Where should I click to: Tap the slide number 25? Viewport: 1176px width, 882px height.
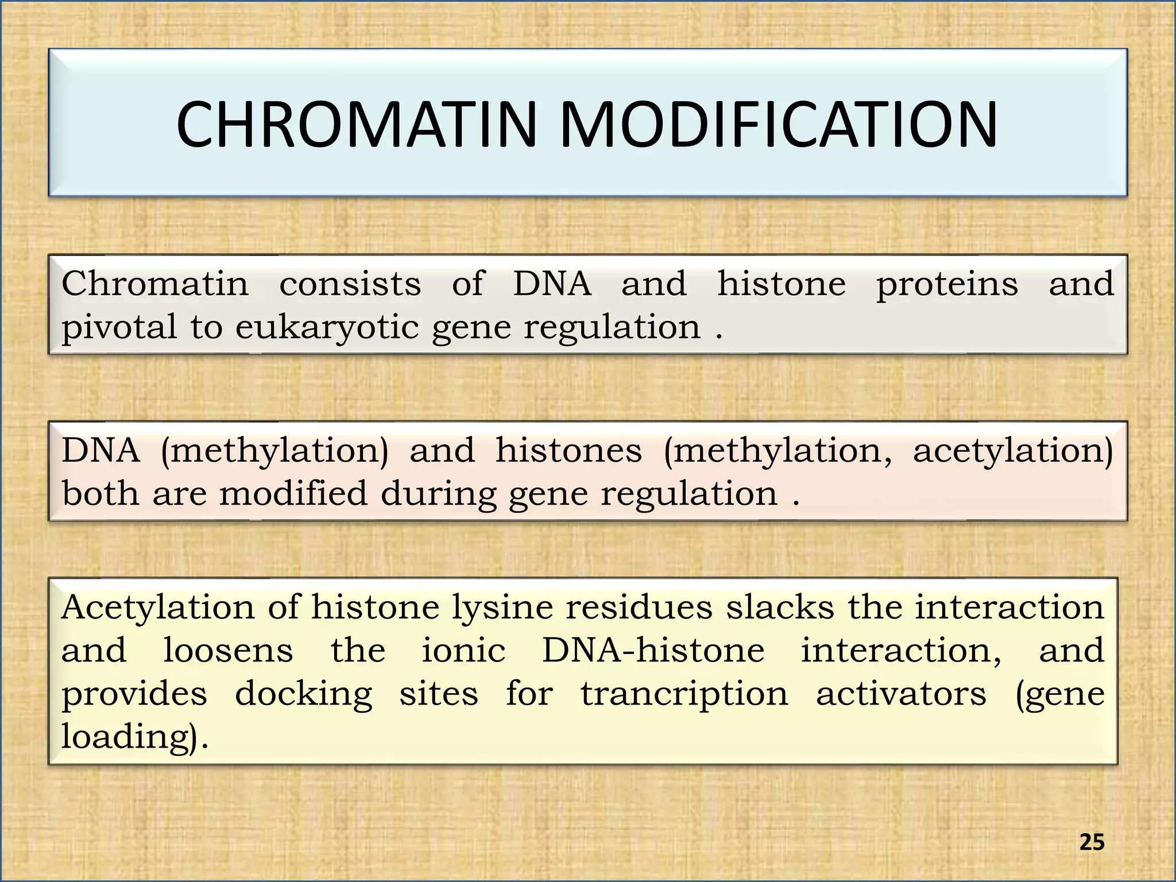(1092, 842)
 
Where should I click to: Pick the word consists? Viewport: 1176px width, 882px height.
(350, 284)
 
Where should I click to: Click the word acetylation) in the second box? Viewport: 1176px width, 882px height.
(1013, 451)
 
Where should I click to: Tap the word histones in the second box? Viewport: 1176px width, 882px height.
(568, 451)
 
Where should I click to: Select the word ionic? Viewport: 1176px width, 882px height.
(463, 651)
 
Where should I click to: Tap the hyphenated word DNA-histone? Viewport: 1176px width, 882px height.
(653, 651)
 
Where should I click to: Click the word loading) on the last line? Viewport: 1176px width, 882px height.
(134, 737)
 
